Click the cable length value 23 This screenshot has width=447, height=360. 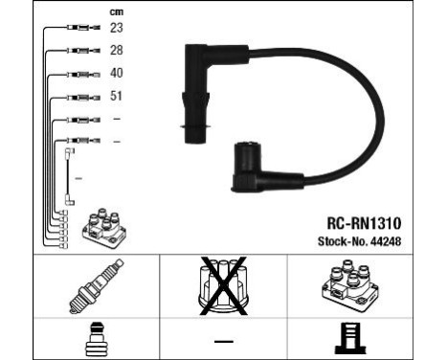tap(116, 29)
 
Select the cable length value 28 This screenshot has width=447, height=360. tap(116, 50)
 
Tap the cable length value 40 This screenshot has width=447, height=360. tap(116, 73)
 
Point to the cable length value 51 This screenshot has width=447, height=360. tap(116, 96)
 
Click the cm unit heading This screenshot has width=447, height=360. tap(117, 11)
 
